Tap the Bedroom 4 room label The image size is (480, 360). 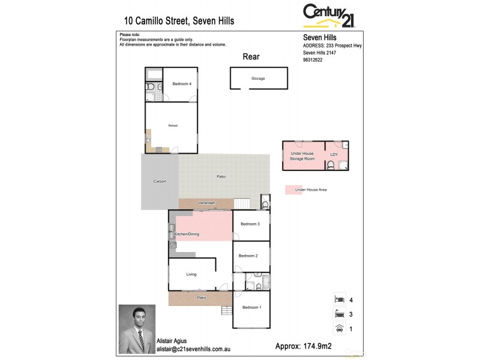[x=182, y=84]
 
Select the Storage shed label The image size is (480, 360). [x=258, y=79]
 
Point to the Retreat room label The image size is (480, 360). [x=173, y=125]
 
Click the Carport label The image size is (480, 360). [x=160, y=181]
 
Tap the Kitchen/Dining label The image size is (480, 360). [x=187, y=234]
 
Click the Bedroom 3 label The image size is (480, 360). [x=250, y=224]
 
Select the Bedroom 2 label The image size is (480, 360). [x=248, y=256]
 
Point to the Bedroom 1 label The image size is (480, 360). [x=251, y=307]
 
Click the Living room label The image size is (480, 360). [x=191, y=274]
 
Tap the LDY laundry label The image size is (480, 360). [x=334, y=155]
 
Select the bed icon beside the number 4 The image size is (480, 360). [x=339, y=298]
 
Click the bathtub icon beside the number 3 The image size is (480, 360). [x=339, y=313]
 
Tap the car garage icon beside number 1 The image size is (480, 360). [x=339, y=328]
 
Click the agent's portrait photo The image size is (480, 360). [x=137, y=329]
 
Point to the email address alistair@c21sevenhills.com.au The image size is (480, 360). [x=185, y=347]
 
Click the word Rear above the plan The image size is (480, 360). [x=251, y=56]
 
